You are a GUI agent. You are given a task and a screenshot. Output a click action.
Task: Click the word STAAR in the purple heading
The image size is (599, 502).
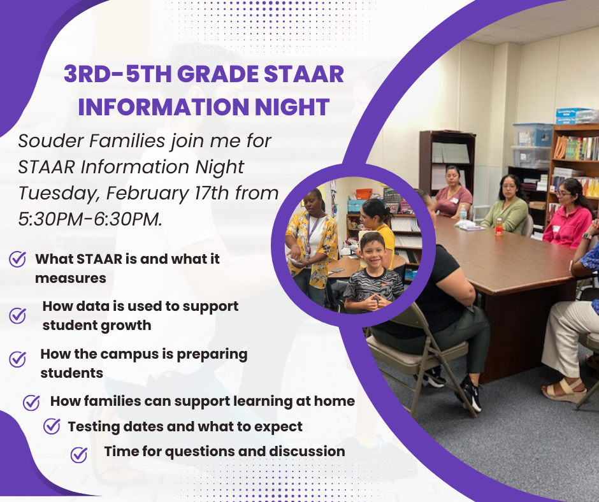[304, 74]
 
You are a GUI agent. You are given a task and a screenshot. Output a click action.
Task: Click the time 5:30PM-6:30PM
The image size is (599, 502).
[90, 219]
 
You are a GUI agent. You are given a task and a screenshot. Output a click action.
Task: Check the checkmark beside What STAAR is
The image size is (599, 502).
[18, 259]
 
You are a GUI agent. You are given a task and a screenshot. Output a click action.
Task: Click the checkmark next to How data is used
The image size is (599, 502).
[18, 315]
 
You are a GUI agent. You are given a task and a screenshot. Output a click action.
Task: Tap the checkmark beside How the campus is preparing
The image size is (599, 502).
[18, 359]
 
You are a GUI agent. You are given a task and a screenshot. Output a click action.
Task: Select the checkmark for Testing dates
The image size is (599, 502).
[52, 426]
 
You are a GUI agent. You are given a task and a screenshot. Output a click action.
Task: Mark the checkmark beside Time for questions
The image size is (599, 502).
[79, 455]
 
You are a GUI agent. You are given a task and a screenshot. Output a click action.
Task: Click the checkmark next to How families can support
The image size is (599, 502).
[31, 402]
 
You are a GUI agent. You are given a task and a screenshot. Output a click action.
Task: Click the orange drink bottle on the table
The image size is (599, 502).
[498, 227]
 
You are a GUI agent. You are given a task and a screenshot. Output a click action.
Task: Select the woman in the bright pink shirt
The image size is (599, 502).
[567, 214]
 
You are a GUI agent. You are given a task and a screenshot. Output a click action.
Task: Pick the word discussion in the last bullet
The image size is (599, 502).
[307, 451]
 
